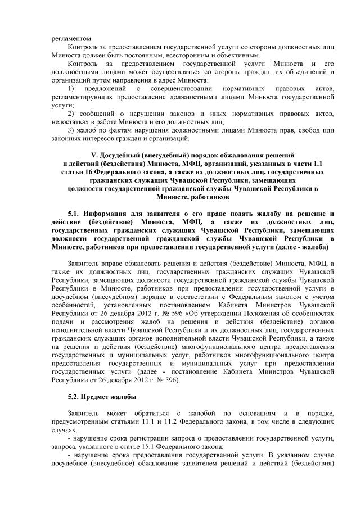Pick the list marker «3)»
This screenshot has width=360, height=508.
tap(70, 130)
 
